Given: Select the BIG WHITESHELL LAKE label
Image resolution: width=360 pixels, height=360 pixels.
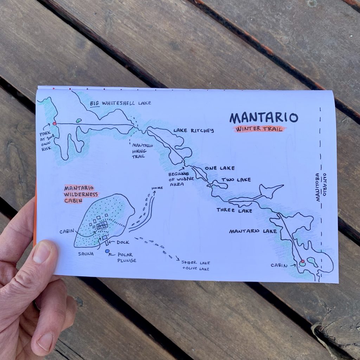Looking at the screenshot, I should pos(120,103).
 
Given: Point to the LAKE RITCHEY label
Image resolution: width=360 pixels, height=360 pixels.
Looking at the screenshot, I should pos(193,131).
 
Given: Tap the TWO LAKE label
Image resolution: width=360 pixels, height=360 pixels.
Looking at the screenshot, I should pos(236,180).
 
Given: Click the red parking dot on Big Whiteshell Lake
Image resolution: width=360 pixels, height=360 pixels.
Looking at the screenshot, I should pos(54,123).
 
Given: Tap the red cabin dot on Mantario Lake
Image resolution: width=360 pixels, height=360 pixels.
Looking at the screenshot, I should pos(302,262).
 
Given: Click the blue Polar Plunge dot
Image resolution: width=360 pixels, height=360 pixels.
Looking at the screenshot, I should pos(107,251).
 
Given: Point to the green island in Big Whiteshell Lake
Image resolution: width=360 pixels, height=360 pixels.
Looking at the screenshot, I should pos(78,121).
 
